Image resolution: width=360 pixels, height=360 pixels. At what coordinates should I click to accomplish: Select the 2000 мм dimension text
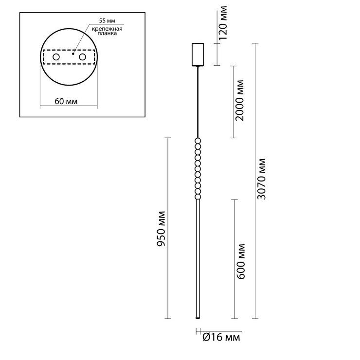tap(239, 103)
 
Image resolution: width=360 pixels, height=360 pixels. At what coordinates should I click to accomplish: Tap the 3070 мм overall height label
tap(262, 180)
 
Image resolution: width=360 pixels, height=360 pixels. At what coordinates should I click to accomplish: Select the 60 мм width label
tap(67, 102)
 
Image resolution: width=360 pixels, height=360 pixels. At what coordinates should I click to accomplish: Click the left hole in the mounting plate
tap(56, 58)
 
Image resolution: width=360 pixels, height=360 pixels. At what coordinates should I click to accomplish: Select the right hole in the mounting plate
tap(82, 58)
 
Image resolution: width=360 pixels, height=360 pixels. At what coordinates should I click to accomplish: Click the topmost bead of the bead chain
tap(198, 141)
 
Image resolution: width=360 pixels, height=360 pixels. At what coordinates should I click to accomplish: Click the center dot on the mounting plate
tap(73, 54)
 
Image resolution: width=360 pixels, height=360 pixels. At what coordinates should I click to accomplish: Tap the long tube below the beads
tap(198, 258)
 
